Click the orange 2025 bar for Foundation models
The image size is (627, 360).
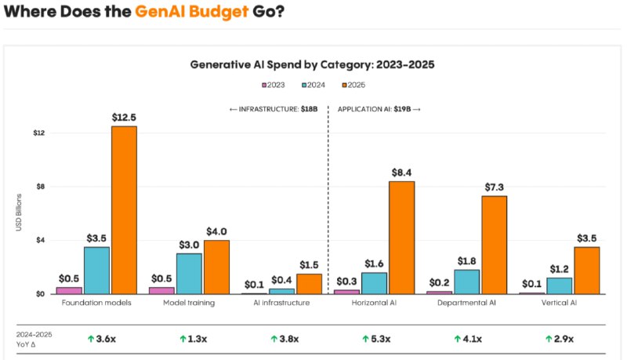(x=124, y=210)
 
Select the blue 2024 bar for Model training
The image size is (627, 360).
(x=189, y=274)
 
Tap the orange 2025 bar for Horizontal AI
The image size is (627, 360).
(x=402, y=238)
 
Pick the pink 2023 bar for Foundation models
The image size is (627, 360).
(x=69, y=290)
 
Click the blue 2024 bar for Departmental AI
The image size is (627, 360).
(x=466, y=282)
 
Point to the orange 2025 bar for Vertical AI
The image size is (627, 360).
(x=587, y=271)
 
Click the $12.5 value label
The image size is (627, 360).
(x=124, y=117)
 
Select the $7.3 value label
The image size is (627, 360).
(x=495, y=187)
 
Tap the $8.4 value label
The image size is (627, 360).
(x=401, y=173)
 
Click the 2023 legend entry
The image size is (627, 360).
(x=274, y=85)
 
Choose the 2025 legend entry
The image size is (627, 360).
(x=354, y=85)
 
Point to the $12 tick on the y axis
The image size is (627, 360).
(x=39, y=133)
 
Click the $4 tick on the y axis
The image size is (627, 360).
(x=41, y=240)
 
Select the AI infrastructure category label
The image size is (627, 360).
(x=281, y=303)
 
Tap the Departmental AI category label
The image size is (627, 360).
(x=466, y=303)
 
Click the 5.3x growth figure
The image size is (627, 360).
(x=376, y=339)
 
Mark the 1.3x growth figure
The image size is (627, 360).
(x=193, y=339)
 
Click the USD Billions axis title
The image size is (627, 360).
(x=19, y=213)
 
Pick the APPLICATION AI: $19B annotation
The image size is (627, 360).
(x=379, y=109)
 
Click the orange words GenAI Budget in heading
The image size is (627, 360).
(x=192, y=12)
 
